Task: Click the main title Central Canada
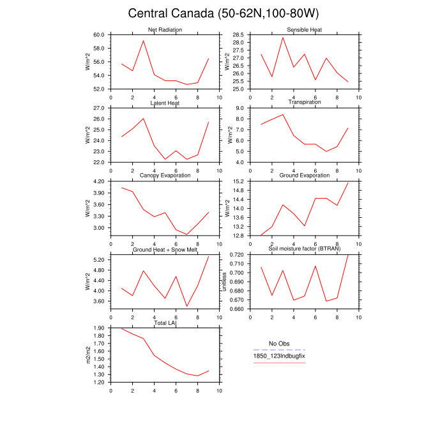pyautogui.click(x=223, y=13)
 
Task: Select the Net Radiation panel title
pyautogui.click(x=165, y=30)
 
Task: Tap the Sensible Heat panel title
pyautogui.click(x=304, y=30)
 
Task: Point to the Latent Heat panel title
pyautogui.click(x=165, y=103)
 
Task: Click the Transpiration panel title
pyautogui.click(x=304, y=102)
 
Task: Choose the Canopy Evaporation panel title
pyautogui.click(x=165, y=176)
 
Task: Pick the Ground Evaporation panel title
pyautogui.click(x=304, y=176)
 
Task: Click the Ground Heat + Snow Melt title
pyautogui.click(x=165, y=249)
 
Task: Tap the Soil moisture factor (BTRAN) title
pyautogui.click(x=304, y=249)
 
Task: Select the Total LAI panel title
pyautogui.click(x=165, y=323)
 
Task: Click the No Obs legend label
pyautogui.click(x=279, y=344)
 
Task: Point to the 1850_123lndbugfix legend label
pyautogui.click(x=279, y=356)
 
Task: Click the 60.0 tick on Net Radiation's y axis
pyautogui.click(x=99, y=34)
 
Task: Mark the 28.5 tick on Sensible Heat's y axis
pyautogui.click(x=238, y=34)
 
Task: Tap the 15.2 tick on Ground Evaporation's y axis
pyautogui.click(x=238, y=182)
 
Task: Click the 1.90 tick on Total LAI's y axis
pyautogui.click(x=99, y=328)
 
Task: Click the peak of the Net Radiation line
pyautogui.click(x=144, y=41)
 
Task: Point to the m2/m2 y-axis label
pyautogui.click(x=88, y=355)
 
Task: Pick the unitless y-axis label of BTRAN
pyautogui.click(x=224, y=282)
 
